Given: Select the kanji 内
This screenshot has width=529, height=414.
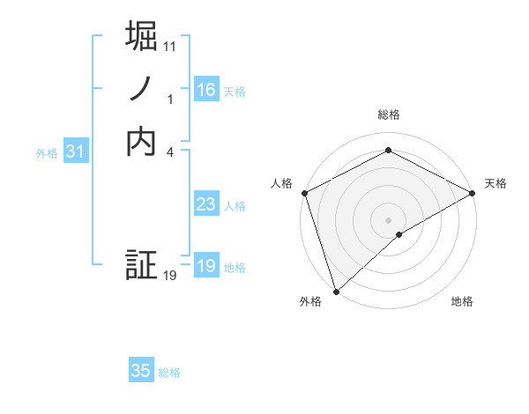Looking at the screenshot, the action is click(142, 141).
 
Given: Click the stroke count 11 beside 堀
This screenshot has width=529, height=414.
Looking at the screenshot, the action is click(170, 46).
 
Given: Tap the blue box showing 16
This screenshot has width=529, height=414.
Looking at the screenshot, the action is click(206, 90).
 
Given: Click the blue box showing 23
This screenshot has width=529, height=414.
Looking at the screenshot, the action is click(206, 204).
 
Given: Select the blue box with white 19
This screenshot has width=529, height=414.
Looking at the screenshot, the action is click(206, 266).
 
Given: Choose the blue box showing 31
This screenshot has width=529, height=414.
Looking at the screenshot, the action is click(76, 152).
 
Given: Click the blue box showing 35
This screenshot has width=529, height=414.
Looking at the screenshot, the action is click(141, 371).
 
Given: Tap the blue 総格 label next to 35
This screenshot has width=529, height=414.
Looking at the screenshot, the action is click(169, 373).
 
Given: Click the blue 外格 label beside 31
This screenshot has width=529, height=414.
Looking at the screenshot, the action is click(47, 153).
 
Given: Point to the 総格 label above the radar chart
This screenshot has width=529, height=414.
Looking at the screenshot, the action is click(389, 115).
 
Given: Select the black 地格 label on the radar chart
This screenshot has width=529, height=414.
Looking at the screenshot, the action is click(462, 302).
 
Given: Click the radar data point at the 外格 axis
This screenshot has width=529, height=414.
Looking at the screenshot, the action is click(336, 291).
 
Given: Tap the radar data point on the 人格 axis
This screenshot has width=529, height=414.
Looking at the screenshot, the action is click(304, 192).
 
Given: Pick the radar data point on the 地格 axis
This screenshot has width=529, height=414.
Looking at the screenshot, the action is click(399, 234).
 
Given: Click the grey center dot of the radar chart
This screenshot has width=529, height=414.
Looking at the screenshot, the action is click(389, 219).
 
